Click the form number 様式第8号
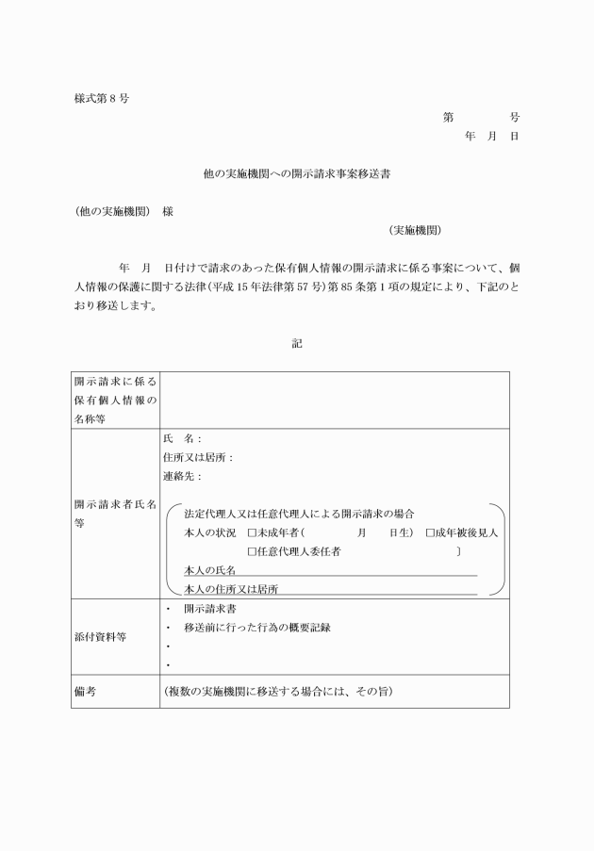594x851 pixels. coord(101,99)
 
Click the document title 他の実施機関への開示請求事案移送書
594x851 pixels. coord(297,174)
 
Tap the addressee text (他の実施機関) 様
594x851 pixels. coord(124,212)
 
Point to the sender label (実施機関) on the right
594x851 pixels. coord(415,230)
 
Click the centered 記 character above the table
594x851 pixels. coord(297,344)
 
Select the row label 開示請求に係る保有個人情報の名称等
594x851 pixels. coord(115,399)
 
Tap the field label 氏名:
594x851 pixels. coord(182,439)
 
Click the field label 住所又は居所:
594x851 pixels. coord(198,458)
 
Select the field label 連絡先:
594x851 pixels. coord(182,477)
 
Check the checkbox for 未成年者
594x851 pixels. coord(252,533)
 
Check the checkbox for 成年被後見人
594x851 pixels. coord(430,533)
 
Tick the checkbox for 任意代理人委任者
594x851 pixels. coord(252,551)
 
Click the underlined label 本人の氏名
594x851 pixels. coord(209,570)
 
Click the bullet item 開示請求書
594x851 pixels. coord(210,609)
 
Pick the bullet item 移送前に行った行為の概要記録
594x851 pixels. coord(256,628)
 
